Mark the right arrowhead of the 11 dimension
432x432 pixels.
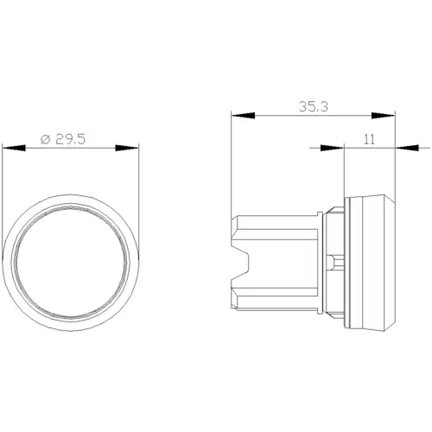pos(406,148)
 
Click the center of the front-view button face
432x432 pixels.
pos(72,258)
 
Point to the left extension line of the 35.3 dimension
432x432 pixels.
pos(232,164)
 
